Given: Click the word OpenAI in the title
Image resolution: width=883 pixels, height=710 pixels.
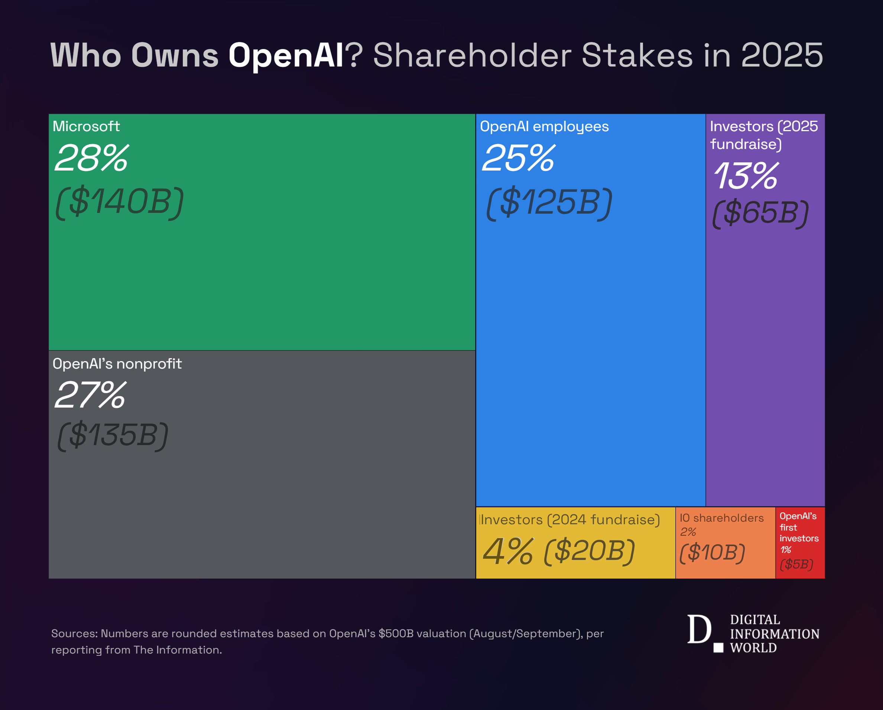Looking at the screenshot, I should (285, 55).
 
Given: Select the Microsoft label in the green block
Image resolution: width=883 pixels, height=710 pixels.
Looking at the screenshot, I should (86, 126).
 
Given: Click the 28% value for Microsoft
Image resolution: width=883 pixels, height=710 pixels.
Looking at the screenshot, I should (92, 158).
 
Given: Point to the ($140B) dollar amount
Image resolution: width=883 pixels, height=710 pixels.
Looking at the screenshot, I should (119, 202).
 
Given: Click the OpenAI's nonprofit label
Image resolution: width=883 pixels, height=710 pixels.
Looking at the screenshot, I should (117, 364).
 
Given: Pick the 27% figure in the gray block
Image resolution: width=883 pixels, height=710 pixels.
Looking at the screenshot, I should (91, 395).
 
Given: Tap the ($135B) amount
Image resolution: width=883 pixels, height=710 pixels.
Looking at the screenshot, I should (113, 435).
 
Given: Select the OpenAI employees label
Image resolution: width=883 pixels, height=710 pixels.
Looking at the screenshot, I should (544, 127).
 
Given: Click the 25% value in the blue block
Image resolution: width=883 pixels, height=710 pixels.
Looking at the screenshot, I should (519, 158).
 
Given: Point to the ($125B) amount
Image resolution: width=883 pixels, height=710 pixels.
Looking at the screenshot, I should (549, 202).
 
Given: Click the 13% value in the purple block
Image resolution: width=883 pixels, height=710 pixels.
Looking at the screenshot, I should (746, 176).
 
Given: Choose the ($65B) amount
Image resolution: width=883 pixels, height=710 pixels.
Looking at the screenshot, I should (760, 213).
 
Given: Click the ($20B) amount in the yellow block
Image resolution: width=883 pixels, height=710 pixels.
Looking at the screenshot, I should (590, 551).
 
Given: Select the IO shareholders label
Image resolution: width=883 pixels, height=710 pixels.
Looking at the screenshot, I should (722, 518).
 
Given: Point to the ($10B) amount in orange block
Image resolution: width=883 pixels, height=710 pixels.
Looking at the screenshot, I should (712, 552).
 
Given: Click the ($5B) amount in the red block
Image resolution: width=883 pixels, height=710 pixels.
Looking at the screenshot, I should (796, 564).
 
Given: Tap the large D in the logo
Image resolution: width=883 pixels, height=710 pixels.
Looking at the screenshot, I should (699, 629).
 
